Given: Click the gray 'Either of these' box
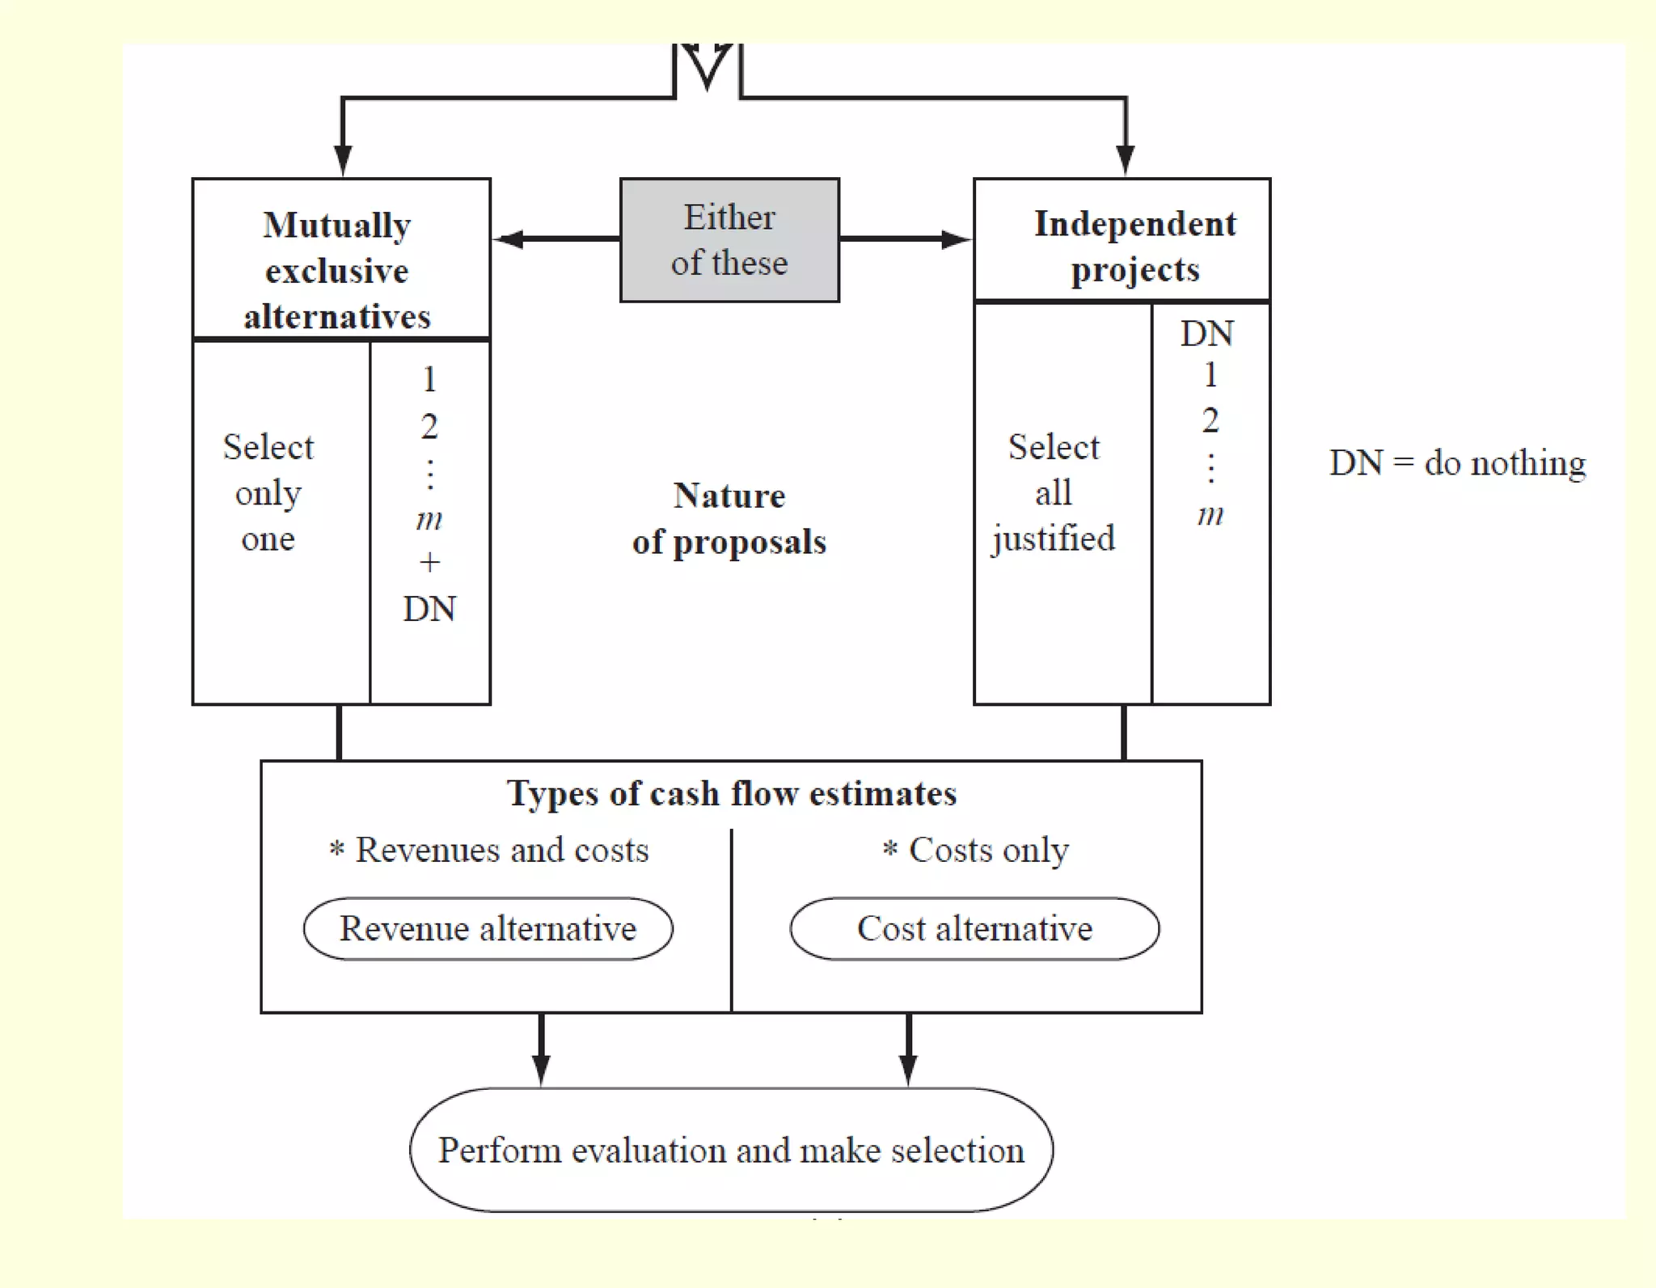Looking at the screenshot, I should tap(729, 240).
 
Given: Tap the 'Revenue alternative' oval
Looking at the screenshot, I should tap(488, 928).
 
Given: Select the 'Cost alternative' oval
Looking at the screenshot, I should tap(974, 928).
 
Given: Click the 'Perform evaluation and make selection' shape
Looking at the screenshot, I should tap(731, 1149).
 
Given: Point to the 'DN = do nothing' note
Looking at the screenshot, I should tap(1457, 463).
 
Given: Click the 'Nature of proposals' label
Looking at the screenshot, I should tap(729, 518).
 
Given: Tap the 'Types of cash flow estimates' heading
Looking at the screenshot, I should tap(731, 793).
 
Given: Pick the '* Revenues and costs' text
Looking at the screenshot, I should tap(489, 850).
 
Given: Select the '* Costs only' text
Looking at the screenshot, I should tap(976, 850).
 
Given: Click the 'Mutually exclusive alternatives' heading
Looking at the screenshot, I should tap(338, 270).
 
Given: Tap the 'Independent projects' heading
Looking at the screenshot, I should tap(1134, 246).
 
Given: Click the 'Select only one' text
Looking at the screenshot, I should tap(268, 492).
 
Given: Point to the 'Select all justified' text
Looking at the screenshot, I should tap(1054, 492).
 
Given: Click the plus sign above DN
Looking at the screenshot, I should tap(429, 562).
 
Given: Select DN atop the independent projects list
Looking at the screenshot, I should tap(1207, 334).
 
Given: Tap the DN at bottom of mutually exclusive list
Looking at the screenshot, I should tap(429, 609).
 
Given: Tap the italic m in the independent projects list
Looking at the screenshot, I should tap(1210, 514).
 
